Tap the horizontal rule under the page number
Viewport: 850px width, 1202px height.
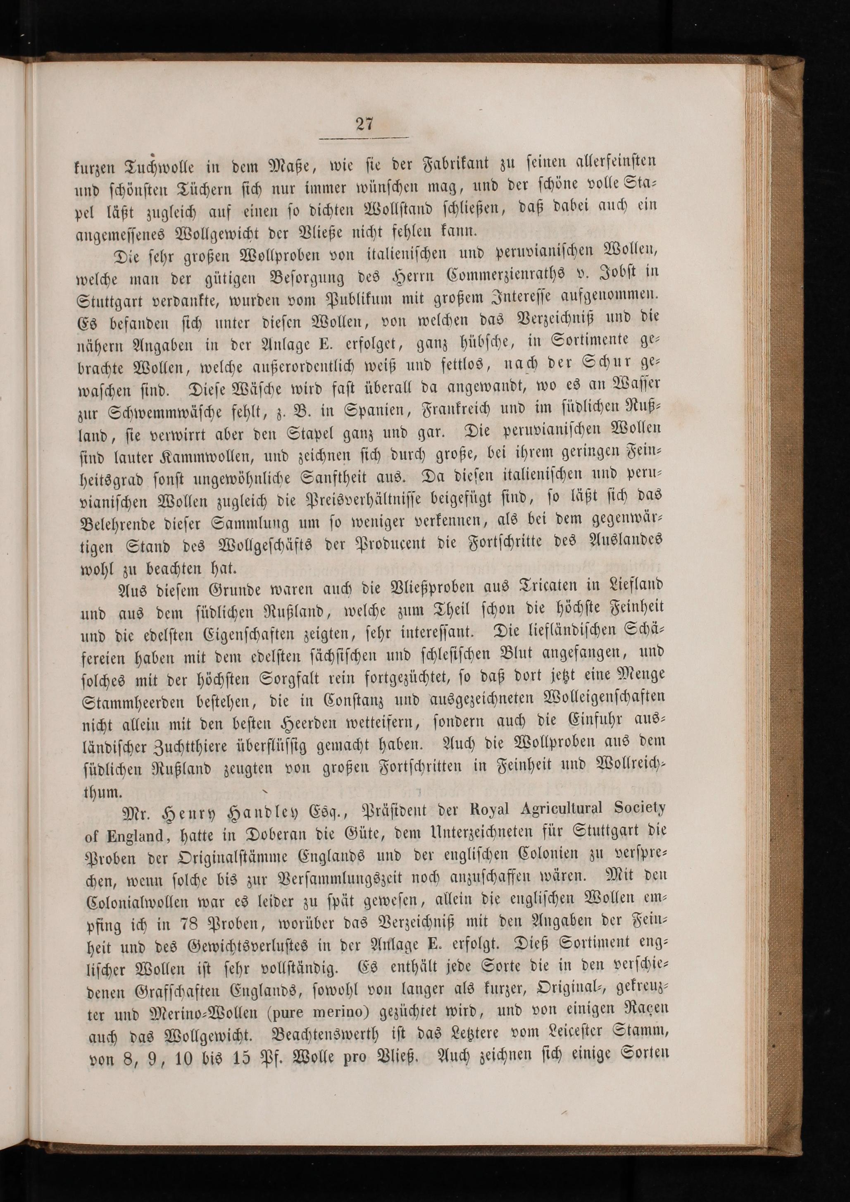pos(363,138)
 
